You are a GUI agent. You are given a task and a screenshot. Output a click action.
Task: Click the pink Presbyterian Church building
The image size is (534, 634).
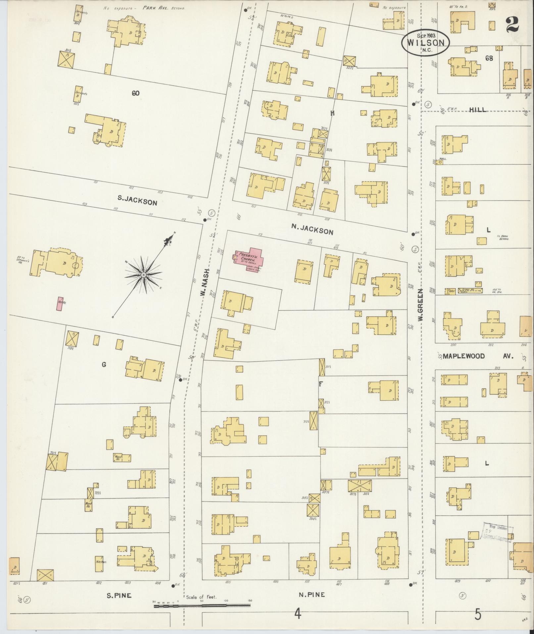click(x=248, y=259)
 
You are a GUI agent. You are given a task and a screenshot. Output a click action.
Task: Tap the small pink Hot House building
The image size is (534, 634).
click(x=60, y=303)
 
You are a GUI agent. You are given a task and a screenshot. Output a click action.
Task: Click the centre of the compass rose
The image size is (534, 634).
click(x=143, y=275)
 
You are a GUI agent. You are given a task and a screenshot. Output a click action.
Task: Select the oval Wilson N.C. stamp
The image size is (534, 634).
click(x=425, y=42)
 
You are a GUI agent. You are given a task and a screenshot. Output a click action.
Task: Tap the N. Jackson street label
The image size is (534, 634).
click(x=312, y=229)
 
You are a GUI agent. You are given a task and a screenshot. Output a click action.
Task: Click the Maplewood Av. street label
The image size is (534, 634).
click(x=478, y=356)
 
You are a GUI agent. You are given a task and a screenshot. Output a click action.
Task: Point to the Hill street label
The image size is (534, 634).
click(x=478, y=110)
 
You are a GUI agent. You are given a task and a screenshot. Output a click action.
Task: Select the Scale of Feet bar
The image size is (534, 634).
click(x=202, y=606)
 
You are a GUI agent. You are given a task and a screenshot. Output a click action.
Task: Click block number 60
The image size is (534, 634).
click(x=135, y=93)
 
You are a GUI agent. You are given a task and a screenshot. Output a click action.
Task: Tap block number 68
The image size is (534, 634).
click(x=489, y=58)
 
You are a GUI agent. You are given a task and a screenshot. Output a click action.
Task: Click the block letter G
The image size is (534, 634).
click(x=104, y=365)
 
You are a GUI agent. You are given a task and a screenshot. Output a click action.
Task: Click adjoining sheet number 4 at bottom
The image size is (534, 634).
click(x=298, y=614)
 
